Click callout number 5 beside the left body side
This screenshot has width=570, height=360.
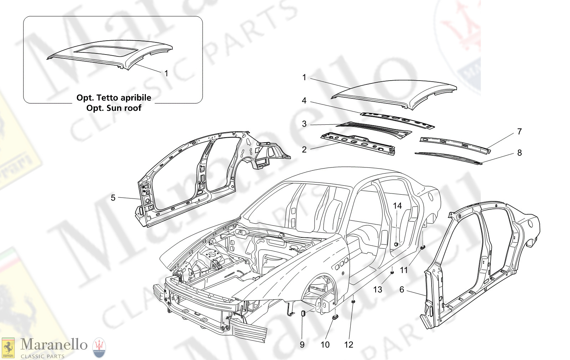tap(113, 198)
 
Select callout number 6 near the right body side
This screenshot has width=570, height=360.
tap(402, 289)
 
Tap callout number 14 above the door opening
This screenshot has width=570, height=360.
tap(397, 206)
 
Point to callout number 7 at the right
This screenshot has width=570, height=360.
tap(519, 132)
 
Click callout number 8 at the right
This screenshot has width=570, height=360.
tap(519, 153)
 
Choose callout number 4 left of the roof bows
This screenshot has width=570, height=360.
tap(304, 101)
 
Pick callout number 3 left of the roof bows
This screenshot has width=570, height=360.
tap(304, 124)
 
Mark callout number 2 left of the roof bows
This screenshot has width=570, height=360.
tap(304, 149)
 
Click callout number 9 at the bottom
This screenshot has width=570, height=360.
tap(302, 345)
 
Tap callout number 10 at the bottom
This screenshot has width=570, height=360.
tap(325, 345)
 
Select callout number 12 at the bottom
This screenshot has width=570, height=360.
tap(348, 345)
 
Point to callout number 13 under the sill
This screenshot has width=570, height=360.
tap(377, 289)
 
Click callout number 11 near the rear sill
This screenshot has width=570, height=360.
tap(404, 270)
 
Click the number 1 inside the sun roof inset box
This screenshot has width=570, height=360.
tap(166, 73)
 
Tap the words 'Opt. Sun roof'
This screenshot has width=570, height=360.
tap(114, 108)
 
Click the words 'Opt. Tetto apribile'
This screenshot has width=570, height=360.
tap(114, 98)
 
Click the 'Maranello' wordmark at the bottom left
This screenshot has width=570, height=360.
tap(54, 344)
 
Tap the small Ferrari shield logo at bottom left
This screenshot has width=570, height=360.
tap(8, 348)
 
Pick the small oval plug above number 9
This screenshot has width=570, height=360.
tap(303, 313)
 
